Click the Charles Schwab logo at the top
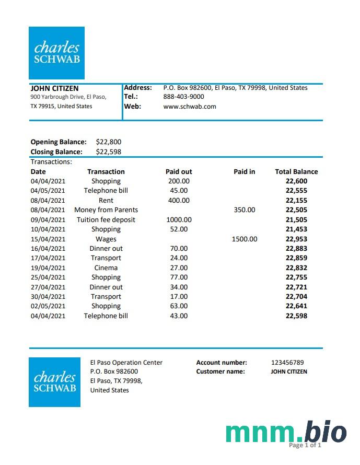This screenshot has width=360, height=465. tap(56, 53)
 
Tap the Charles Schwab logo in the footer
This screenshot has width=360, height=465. tap(55, 382)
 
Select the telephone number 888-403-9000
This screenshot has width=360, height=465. tap(184, 97)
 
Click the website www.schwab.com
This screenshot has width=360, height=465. tap(190, 106)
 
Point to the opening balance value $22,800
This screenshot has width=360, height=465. tap(109, 142)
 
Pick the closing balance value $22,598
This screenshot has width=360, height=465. tap(109, 152)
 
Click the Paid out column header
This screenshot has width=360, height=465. tap(179, 171)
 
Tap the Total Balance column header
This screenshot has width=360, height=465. tap(296, 171)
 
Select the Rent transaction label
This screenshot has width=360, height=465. tap(106, 200)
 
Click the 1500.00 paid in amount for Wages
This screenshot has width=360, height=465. tap(245, 239)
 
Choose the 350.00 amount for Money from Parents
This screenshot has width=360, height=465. tap(245, 210)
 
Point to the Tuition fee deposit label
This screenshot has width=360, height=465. tap(106, 219)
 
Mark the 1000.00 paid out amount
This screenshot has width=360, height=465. tap(179, 219)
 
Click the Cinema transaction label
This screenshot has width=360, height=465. tap(106, 268)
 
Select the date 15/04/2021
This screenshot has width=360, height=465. tap(48, 239)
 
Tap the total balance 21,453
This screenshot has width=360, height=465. tap(296, 229)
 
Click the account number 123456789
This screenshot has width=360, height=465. tap(287, 362)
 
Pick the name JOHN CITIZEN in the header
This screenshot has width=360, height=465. tap(54, 88)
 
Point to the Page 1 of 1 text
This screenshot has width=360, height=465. tap(305, 445)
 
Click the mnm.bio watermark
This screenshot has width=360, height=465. tap(286, 432)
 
